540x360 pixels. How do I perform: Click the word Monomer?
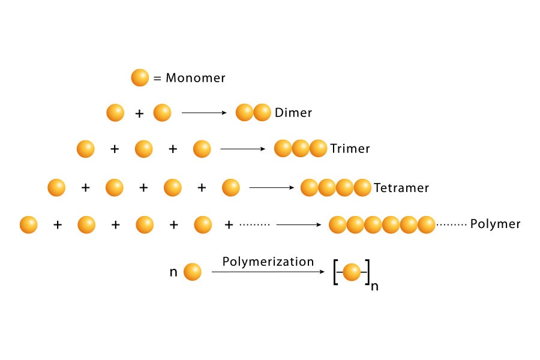coord(196,78)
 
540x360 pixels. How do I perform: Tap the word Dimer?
coord(293,113)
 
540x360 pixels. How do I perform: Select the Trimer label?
coord(350,149)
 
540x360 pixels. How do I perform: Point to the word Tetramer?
coord(401,188)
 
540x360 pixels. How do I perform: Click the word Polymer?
coord(495,224)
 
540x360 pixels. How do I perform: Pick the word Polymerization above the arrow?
coord(268,262)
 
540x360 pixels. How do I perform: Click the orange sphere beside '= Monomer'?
coord(140,77)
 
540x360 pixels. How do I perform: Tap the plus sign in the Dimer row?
coord(139,113)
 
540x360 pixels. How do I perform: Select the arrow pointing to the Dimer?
coord(204,113)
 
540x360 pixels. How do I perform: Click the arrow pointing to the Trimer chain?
coord(242,149)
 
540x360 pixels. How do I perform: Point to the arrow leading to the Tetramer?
coord(271,188)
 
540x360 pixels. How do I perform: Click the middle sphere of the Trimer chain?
coord(301,149)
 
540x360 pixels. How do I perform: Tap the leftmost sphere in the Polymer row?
coord(29,225)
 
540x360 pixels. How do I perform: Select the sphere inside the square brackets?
coord(352,273)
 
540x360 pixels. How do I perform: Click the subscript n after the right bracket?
coord(375,286)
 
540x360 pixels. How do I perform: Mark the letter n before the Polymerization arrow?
coord(173,272)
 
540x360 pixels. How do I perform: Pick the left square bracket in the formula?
coord(335,273)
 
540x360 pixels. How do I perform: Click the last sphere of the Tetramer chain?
coord(362,188)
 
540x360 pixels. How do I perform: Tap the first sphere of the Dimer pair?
coord(244,113)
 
